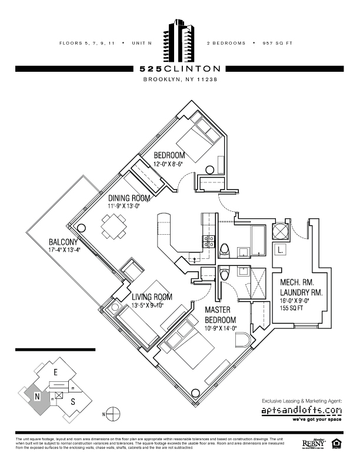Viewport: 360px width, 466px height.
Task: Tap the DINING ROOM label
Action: point(129,199)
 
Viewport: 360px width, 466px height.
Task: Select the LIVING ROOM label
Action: point(152,297)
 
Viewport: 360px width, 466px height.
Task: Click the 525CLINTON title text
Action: point(180,69)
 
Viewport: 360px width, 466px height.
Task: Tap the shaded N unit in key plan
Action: point(36,397)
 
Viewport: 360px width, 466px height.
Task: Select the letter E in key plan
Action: point(55,372)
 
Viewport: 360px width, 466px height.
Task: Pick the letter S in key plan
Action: point(73,402)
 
